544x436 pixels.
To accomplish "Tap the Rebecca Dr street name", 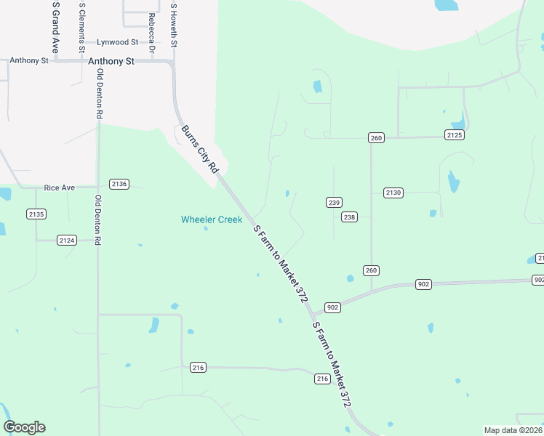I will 151,33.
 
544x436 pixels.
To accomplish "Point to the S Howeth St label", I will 173,25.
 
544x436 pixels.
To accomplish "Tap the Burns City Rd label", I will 200,149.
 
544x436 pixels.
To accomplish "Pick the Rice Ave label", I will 60,187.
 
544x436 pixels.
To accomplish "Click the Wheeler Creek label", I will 212,219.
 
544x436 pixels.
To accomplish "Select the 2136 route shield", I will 119,184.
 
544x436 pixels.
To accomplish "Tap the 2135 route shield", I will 36,214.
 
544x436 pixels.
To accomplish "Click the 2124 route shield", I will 67,240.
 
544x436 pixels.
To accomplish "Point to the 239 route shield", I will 334,203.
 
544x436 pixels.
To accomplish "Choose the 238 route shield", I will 350,217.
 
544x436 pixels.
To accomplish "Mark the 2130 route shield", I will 393,193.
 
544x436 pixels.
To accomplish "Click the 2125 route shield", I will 455,135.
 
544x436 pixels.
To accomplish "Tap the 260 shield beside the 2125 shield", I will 375,138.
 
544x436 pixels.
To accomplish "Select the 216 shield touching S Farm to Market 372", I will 323,379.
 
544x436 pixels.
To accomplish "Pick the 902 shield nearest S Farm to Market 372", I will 333,308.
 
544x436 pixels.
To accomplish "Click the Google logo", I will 24,427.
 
